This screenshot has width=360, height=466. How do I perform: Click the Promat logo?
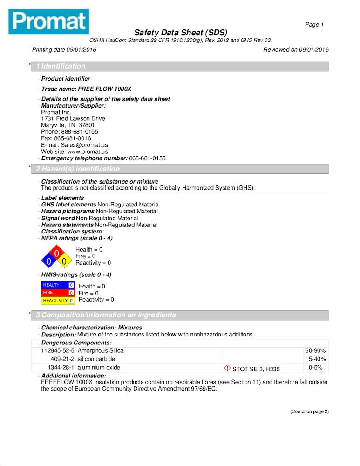[x=48, y=21]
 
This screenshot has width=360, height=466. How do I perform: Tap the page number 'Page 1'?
[x=314, y=24]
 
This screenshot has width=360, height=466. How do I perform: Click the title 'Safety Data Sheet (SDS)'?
[x=181, y=33]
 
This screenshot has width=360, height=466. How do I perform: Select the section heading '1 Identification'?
[x=61, y=66]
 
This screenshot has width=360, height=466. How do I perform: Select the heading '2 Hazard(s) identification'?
[x=78, y=169]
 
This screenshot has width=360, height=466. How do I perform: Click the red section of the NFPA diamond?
[x=56, y=253]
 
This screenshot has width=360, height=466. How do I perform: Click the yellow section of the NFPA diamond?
[x=64, y=261]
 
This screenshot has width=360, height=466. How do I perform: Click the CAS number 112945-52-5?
[x=58, y=350]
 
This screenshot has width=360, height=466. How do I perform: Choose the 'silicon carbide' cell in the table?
[x=96, y=359]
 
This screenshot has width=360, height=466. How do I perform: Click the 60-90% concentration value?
[x=315, y=350]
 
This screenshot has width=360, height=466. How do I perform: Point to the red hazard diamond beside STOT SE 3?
[x=227, y=368]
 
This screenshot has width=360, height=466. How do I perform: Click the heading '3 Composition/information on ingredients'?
[x=106, y=315]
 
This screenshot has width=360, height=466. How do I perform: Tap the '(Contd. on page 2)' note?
[x=309, y=411]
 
